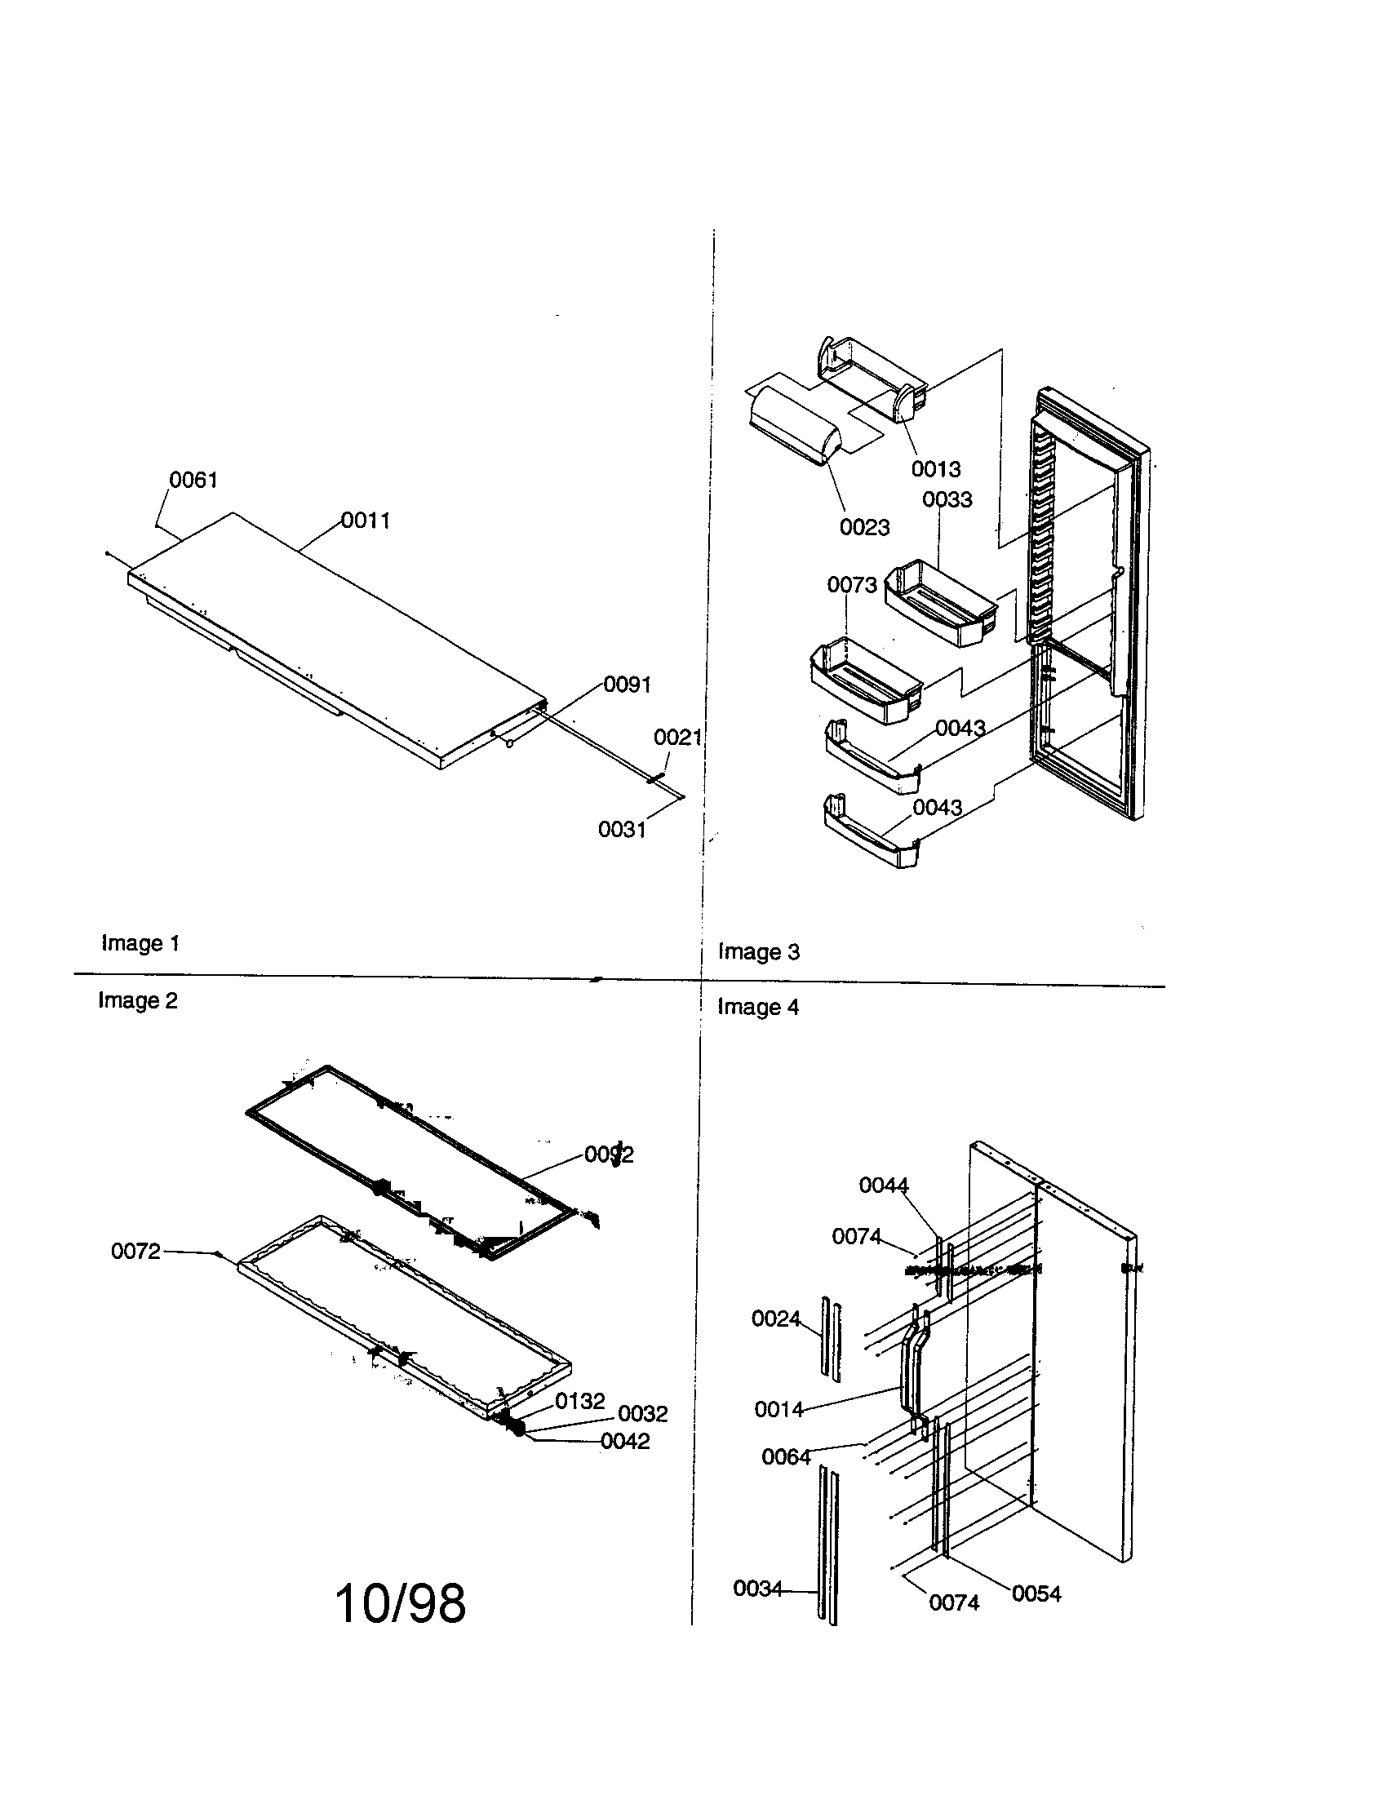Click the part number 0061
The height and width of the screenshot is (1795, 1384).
click(193, 480)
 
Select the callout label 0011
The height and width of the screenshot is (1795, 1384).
click(366, 521)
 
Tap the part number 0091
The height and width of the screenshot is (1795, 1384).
click(627, 685)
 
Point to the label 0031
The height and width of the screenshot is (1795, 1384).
click(622, 830)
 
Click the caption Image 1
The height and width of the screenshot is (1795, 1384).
click(140, 943)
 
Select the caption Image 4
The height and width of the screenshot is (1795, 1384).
click(758, 1007)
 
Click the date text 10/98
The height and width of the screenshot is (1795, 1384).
click(400, 1603)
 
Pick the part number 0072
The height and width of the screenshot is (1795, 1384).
click(135, 1252)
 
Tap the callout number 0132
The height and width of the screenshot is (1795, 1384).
click(579, 1401)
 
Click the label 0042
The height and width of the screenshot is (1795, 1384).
click(624, 1442)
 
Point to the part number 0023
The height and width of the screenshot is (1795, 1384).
click(864, 528)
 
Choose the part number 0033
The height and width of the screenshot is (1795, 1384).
click(947, 499)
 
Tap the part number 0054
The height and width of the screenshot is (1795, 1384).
click(1036, 1594)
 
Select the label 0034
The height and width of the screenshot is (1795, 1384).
click(758, 1589)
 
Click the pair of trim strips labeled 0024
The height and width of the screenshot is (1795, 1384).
click(829, 1340)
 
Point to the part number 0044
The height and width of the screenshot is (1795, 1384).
click(884, 1186)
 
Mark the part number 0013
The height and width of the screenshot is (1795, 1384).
click(936, 469)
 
